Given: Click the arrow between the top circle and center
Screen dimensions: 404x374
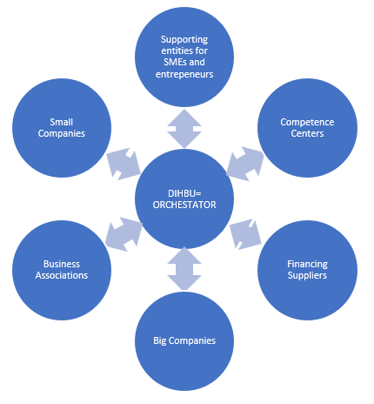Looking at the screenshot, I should pos(184,128).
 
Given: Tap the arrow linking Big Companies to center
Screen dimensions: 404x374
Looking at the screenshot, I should pos(184,269).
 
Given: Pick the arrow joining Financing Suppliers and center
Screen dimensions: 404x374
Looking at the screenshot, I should pos(246,235).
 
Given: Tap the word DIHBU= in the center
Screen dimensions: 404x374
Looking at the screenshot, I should pos(184,192).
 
